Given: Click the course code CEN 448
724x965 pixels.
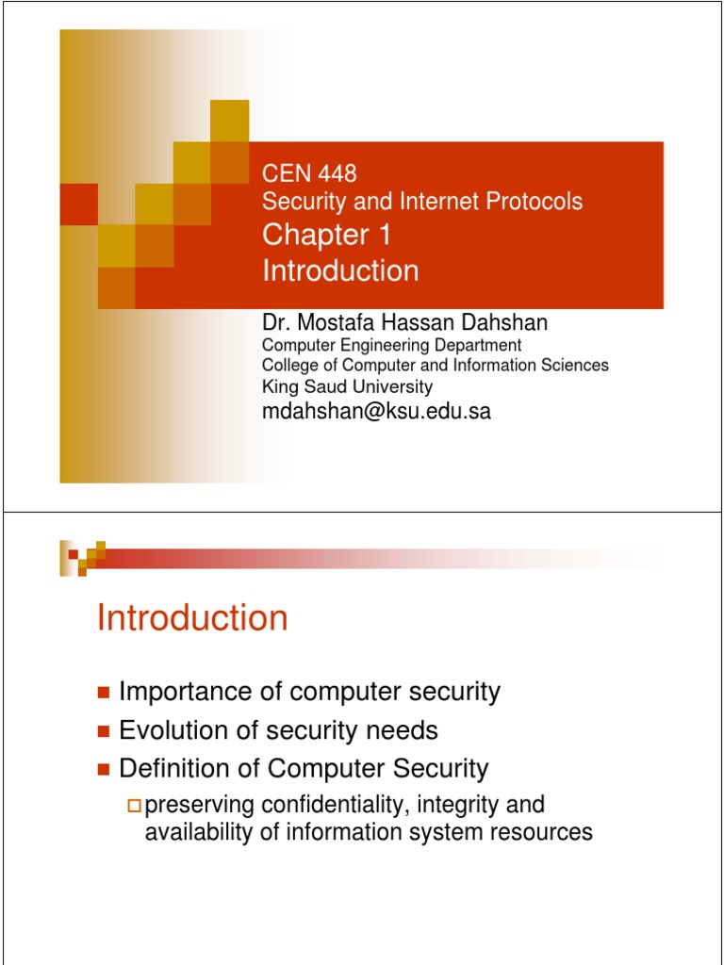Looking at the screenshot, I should (309, 173).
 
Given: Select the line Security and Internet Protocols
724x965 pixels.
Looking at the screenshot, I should (421, 201).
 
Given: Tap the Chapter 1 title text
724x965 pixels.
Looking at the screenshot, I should (326, 236).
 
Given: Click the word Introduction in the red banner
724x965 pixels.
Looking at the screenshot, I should (340, 271).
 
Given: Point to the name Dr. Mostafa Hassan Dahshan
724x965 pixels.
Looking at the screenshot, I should (404, 323).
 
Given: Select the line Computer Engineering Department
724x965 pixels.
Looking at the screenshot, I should (391, 345).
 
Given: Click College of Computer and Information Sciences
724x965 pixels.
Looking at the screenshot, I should (435, 365).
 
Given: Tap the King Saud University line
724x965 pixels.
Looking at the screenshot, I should (347, 386).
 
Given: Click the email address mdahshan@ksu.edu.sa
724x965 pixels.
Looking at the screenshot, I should (376, 411).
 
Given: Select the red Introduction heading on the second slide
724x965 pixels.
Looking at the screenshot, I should (192, 619).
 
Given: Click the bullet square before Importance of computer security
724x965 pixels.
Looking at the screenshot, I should (104, 694).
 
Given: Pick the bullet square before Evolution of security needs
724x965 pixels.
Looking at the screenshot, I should (104, 731).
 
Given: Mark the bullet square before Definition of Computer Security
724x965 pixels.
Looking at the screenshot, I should (104, 770).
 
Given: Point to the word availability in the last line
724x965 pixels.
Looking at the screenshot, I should (194, 832).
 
